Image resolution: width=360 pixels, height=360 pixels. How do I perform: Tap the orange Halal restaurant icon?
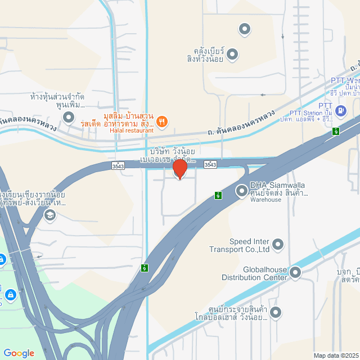[162, 120]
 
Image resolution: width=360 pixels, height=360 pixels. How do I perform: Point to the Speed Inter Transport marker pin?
[278, 244]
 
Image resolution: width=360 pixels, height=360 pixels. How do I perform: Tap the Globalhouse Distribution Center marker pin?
[295, 273]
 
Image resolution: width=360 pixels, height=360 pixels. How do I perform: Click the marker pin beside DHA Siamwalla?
[241, 190]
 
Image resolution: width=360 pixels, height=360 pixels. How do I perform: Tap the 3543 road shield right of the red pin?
[210, 164]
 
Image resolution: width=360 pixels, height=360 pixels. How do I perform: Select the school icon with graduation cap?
[50, 214]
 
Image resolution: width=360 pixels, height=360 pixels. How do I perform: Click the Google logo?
[19, 353]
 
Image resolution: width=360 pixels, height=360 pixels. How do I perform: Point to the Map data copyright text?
[336, 355]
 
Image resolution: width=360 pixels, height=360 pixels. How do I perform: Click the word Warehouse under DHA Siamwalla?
[266, 200]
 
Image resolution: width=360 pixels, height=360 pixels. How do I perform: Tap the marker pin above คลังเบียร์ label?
[244, 29]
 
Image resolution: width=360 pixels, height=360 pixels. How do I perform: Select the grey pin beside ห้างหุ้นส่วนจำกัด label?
[69, 117]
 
